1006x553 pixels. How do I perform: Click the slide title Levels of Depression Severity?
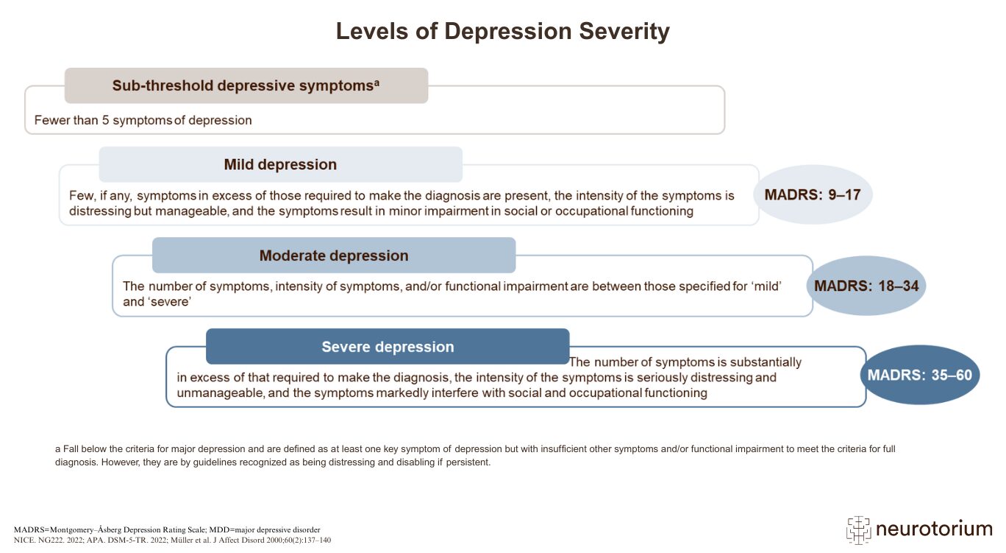(x=502, y=32)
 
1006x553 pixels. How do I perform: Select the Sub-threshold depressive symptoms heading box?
(x=246, y=85)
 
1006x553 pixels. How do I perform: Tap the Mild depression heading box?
(x=280, y=164)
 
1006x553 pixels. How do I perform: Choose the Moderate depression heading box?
(x=333, y=256)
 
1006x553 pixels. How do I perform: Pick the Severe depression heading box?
(x=388, y=347)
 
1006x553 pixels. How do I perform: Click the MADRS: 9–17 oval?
(x=813, y=195)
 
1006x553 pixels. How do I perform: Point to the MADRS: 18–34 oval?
(x=866, y=286)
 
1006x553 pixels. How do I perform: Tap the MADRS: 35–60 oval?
(x=919, y=375)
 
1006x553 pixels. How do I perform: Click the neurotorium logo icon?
(x=858, y=529)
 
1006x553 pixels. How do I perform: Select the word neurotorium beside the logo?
(x=934, y=529)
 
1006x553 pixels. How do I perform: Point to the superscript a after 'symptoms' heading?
(x=377, y=82)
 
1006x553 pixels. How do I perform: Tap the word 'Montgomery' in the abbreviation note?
(x=70, y=529)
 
